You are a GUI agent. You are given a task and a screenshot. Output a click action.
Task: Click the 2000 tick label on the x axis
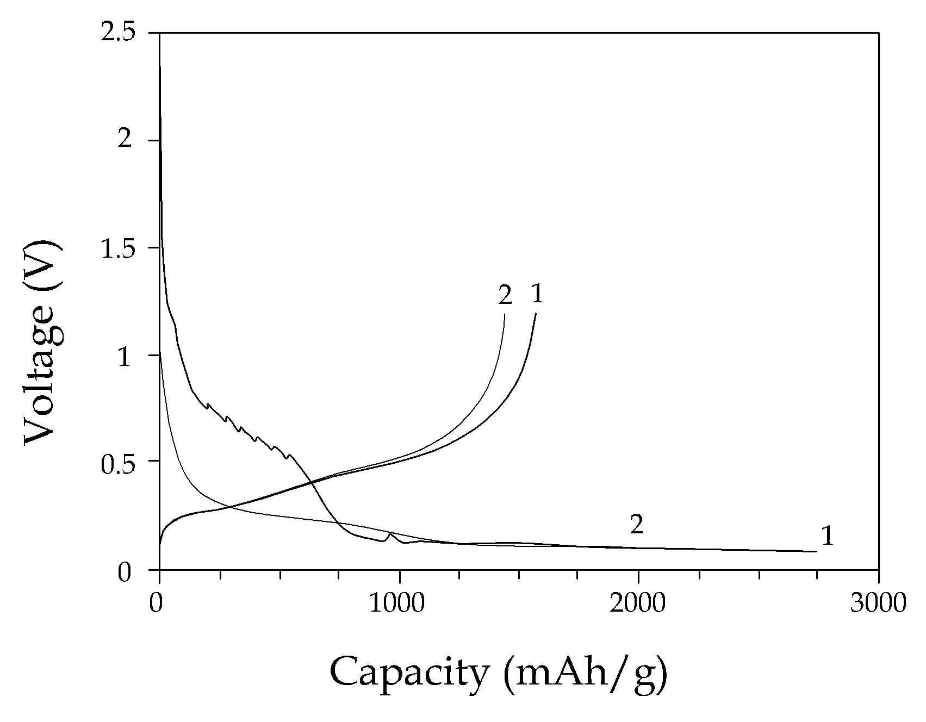(638, 604)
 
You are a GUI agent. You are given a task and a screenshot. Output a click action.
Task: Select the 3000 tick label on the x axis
(878, 604)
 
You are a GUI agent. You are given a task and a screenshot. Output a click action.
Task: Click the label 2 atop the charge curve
(505, 295)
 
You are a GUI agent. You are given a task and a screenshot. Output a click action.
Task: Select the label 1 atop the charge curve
(537, 294)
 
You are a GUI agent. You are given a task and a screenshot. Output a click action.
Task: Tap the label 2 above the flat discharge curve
(637, 525)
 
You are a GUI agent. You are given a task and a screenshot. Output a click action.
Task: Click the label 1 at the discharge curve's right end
(827, 537)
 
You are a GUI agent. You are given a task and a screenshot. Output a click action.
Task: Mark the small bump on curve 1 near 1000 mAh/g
(389, 534)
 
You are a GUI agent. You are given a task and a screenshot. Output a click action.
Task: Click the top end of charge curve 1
(536, 314)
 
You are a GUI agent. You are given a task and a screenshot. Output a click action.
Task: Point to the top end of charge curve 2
(505, 314)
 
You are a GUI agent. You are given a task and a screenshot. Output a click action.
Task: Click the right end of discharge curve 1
(816, 551)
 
